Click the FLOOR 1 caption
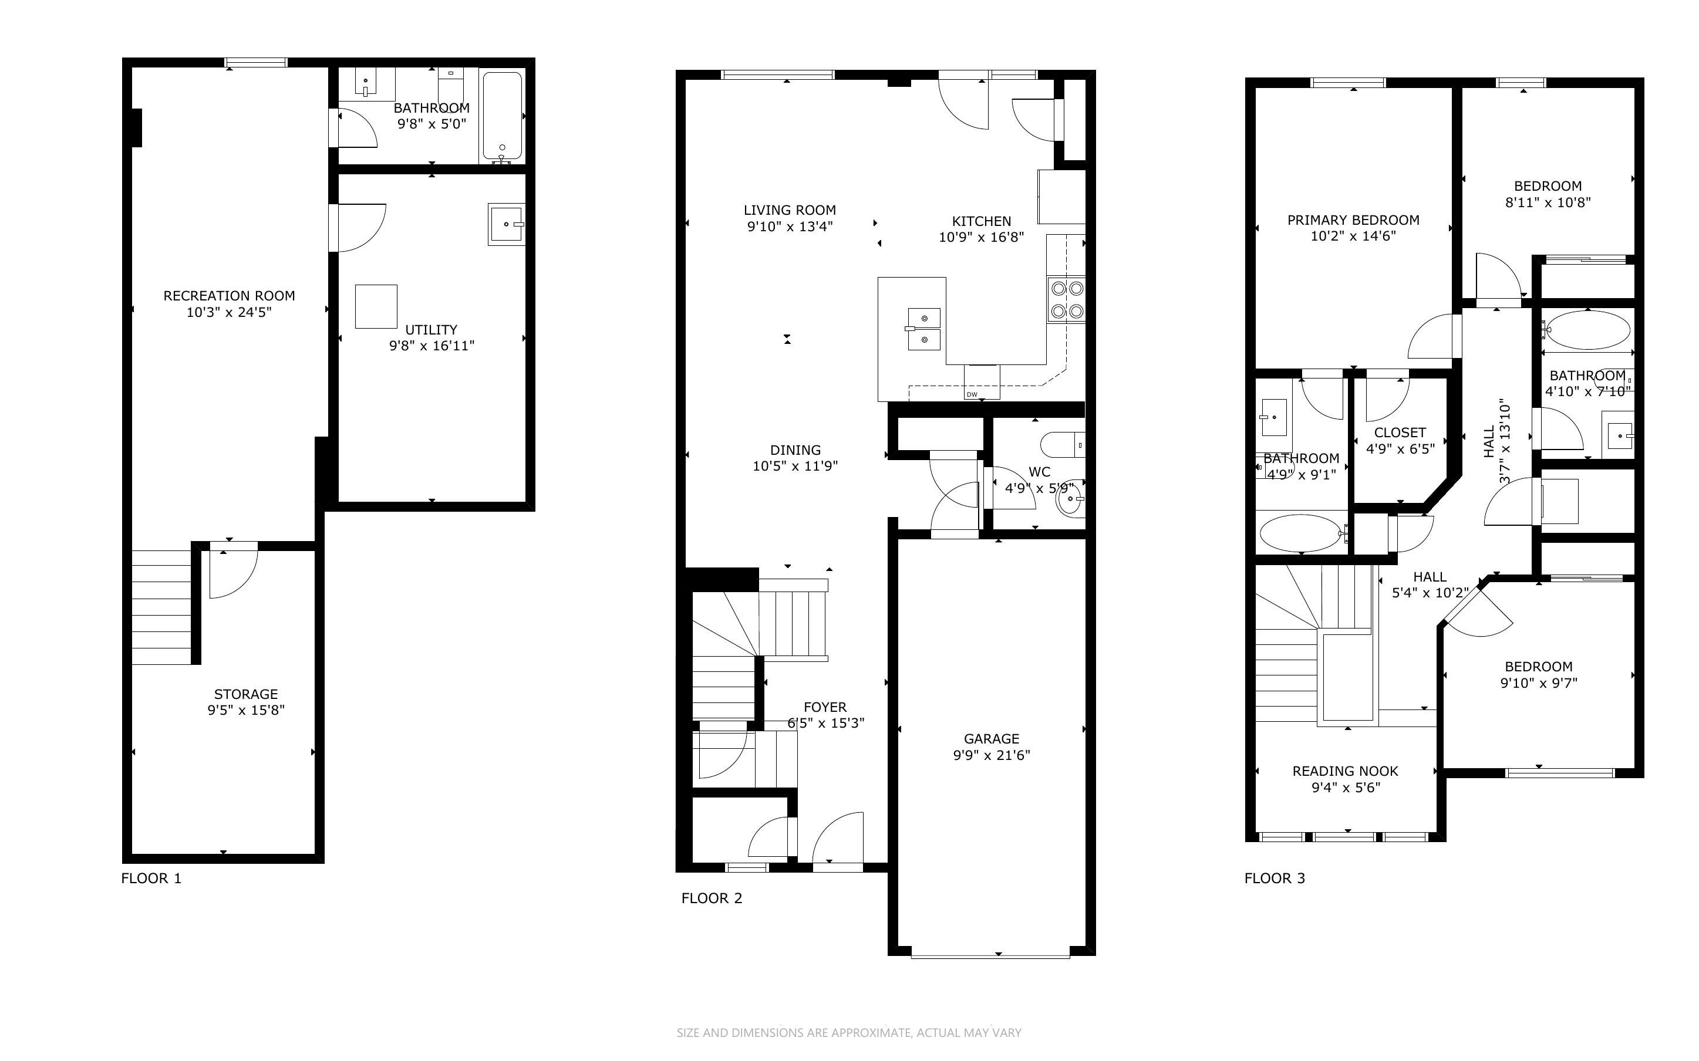(151, 878)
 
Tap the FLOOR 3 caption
(1275, 878)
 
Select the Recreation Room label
(229, 296)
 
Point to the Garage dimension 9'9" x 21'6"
(991, 755)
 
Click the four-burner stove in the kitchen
(1066, 300)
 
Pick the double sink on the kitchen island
(923, 329)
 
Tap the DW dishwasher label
(972, 394)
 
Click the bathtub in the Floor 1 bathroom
(503, 117)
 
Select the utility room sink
(507, 225)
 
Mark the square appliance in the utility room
(376, 307)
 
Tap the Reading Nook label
(1346, 771)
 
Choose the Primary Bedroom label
(1353, 220)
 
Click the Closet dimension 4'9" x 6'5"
(1400, 449)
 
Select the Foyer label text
(825, 707)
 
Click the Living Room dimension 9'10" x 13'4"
(790, 226)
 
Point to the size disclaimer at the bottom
(849, 1032)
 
